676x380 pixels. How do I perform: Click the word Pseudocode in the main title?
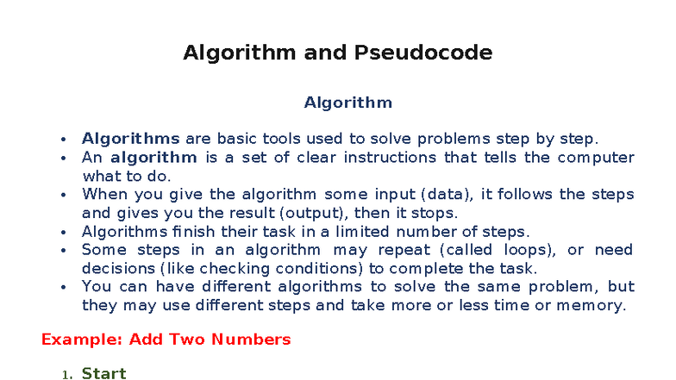422,53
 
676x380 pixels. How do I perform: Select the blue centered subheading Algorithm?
347,103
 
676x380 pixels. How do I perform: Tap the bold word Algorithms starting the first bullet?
130,139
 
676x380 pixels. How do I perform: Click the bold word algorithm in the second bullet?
153,158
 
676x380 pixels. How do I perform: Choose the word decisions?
118,268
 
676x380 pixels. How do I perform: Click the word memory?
591,305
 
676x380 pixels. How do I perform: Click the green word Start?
103,373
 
